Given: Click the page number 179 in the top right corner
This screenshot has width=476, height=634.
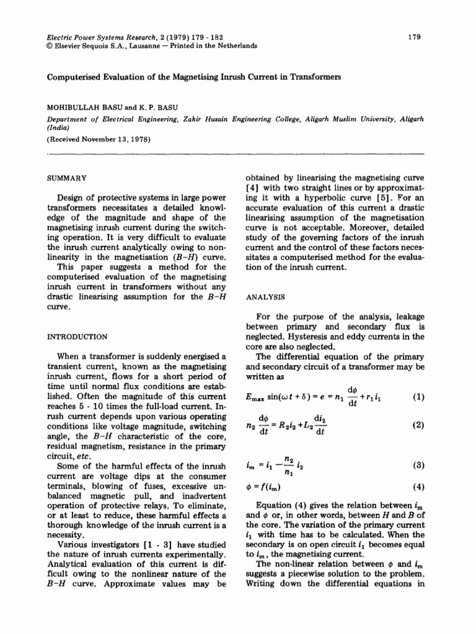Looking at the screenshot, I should pos(415,37).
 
